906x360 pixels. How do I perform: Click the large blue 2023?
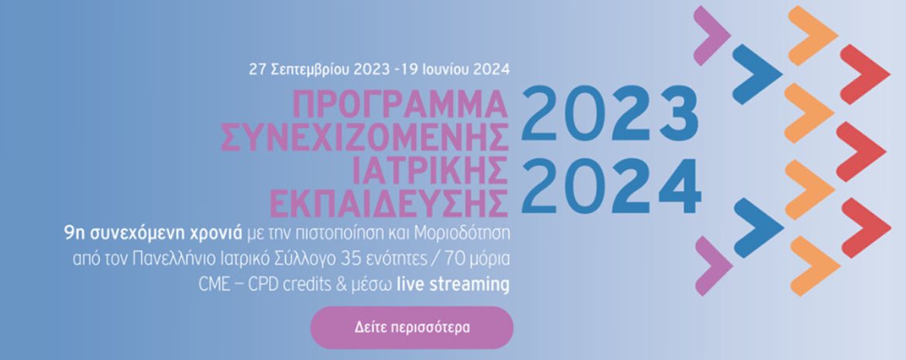click(610, 113)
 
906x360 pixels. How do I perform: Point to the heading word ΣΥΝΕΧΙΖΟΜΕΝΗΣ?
click(365, 137)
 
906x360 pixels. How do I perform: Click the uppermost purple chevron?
click(711, 34)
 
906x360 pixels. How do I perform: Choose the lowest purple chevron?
click(712, 266)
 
